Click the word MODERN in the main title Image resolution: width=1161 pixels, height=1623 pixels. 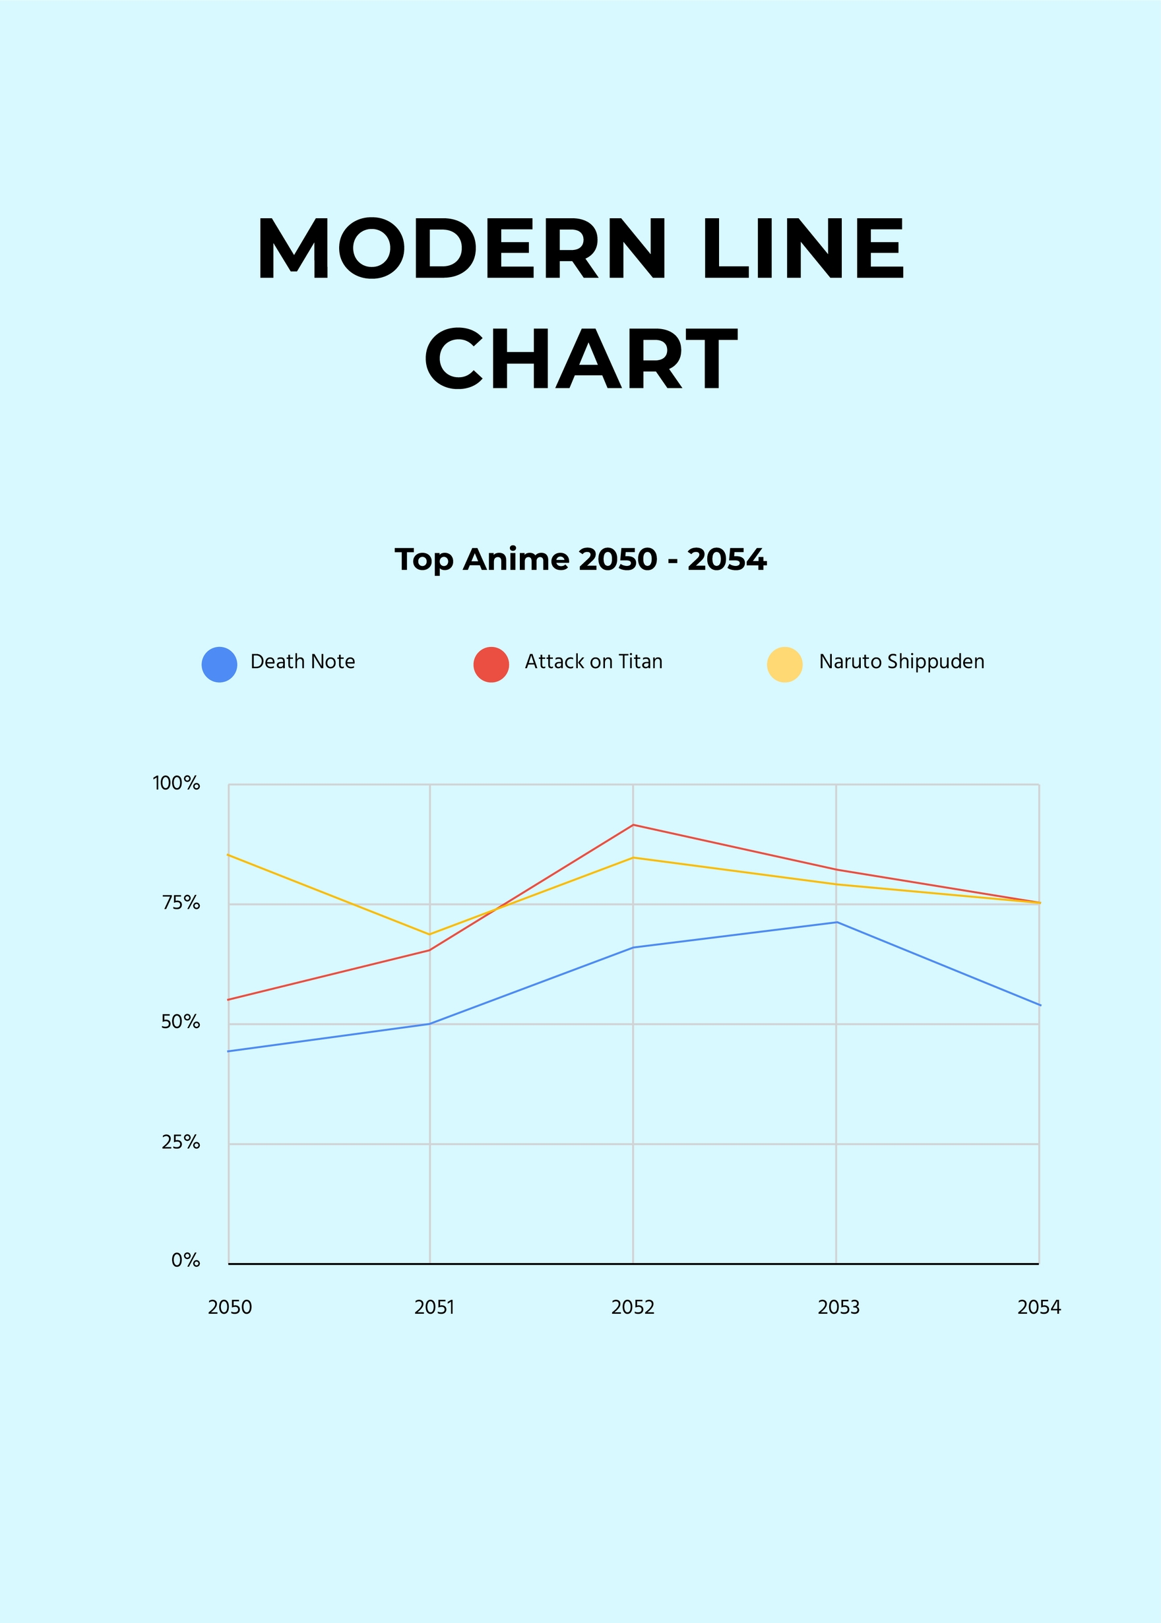click(x=462, y=249)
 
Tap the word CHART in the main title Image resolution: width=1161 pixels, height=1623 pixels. click(x=580, y=359)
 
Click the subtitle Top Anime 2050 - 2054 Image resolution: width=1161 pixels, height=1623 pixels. click(x=580, y=559)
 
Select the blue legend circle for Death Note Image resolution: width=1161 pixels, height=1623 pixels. click(x=220, y=665)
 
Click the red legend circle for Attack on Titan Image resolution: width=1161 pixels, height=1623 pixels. click(x=491, y=665)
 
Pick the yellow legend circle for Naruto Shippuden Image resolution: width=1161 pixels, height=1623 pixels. click(x=784, y=665)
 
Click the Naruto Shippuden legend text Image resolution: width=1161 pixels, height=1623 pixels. click(x=902, y=661)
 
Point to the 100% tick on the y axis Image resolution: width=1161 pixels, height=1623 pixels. click(x=176, y=783)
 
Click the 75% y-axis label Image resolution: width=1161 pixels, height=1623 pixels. click(x=181, y=903)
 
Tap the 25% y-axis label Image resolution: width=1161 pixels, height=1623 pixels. click(x=181, y=1143)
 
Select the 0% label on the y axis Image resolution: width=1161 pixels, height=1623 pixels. click(x=185, y=1261)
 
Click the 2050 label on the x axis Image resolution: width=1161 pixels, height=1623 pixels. click(x=230, y=1307)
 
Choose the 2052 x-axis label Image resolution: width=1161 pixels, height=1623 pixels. click(x=633, y=1307)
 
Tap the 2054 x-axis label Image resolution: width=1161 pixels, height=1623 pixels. click(x=1039, y=1307)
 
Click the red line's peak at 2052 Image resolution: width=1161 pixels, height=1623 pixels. click(x=633, y=825)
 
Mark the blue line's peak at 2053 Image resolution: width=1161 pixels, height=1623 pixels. click(x=836, y=922)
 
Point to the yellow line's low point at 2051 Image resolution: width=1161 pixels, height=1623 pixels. click(x=429, y=934)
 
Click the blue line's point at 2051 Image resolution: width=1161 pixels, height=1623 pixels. click(x=429, y=1024)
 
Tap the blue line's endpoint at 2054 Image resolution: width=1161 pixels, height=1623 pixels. click(x=1040, y=1005)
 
